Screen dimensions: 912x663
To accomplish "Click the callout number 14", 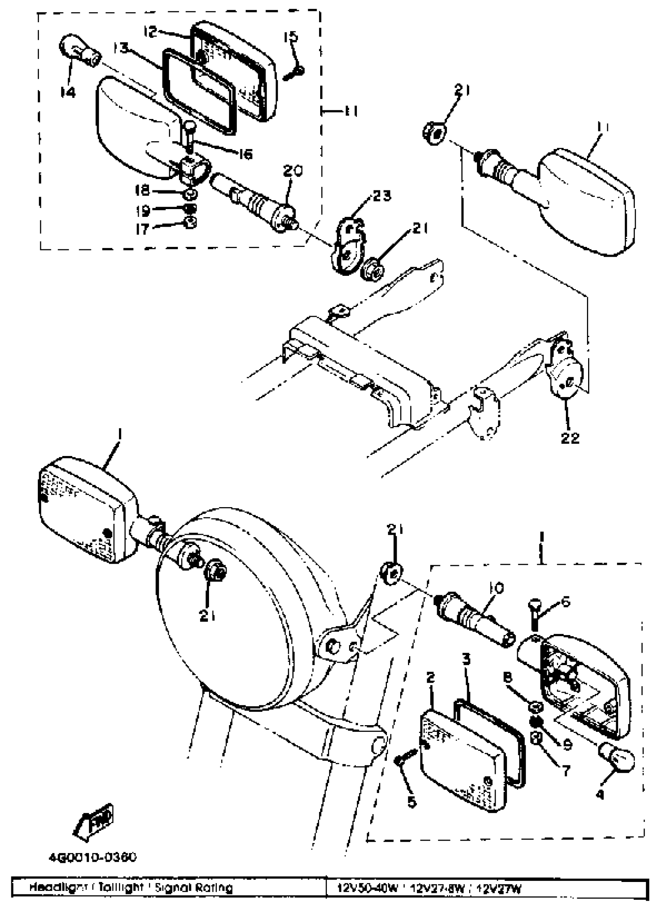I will click(68, 93).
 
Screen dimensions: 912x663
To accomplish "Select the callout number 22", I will click(570, 438).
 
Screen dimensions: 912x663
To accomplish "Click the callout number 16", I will click(245, 154).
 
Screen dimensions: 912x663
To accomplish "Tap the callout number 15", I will click(291, 37).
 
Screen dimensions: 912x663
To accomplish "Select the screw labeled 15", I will click(294, 73).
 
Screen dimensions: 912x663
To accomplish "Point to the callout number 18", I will click(143, 190).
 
